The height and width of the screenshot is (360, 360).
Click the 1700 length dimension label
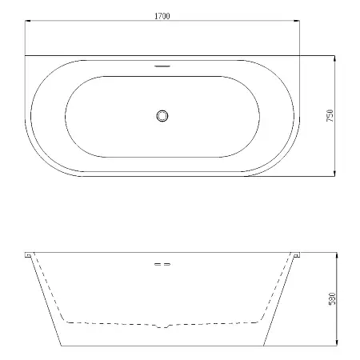[x=162, y=16]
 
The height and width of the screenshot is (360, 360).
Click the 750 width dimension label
[x=330, y=115]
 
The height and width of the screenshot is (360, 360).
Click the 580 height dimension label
[x=332, y=298]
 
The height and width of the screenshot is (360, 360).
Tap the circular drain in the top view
[x=162, y=116]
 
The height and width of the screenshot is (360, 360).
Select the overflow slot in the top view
[x=162, y=66]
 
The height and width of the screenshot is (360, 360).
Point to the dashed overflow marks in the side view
[x=162, y=264]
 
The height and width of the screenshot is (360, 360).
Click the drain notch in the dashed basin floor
[x=163, y=326]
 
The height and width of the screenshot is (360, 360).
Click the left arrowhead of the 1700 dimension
[x=28, y=21]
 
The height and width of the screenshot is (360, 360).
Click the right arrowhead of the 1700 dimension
[x=297, y=21]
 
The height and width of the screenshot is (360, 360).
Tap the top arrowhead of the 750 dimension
[x=334, y=58]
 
